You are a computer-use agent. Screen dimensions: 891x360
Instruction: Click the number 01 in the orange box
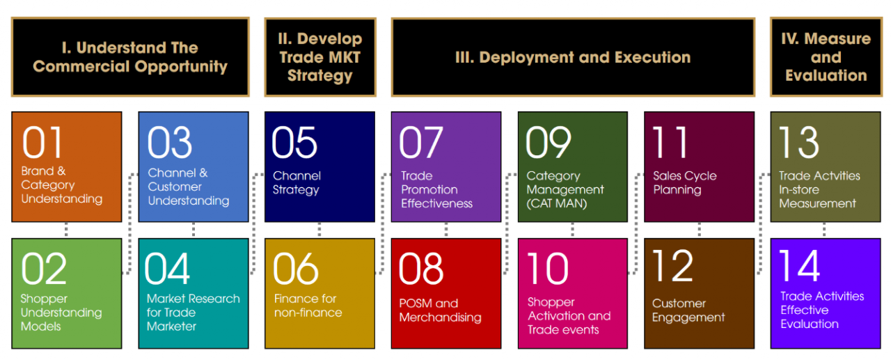[x=42, y=143]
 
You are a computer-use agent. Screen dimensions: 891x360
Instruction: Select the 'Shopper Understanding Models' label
[x=61, y=312]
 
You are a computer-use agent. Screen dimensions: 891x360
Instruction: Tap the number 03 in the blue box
[x=170, y=143]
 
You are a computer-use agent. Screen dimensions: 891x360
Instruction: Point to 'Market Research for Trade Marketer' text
[x=194, y=312]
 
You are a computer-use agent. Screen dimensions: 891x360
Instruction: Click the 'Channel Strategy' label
[x=297, y=182]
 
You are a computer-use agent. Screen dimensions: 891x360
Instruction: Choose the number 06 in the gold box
[x=296, y=269]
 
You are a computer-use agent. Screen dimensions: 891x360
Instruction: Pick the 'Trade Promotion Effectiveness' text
[x=436, y=189]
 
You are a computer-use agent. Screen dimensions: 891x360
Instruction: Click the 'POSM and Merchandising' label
[x=441, y=311]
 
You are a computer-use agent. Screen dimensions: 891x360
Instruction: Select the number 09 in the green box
[x=549, y=143]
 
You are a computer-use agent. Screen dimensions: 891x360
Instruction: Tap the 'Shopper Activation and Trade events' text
[x=569, y=316]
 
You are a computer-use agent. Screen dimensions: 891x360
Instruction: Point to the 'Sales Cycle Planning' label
[x=685, y=182]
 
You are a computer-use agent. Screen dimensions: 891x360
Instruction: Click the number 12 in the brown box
[x=673, y=266]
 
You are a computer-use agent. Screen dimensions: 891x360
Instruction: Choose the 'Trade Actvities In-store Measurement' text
[x=819, y=189]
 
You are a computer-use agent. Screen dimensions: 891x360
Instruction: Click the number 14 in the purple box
[x=800, y=266]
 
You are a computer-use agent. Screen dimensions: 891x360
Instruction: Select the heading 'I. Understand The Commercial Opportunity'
[x=130, y=57]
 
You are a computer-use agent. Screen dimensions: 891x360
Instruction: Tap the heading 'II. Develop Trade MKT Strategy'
[x=320, y=57]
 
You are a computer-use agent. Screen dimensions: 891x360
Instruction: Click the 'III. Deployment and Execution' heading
[x=573, y=57]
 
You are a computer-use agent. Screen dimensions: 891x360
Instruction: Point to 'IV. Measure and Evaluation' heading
[x=826, y=57]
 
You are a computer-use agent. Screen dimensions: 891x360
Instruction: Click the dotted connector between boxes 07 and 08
[x=446, y=230]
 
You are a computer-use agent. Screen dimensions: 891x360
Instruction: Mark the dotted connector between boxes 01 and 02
[x=66, y=230]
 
